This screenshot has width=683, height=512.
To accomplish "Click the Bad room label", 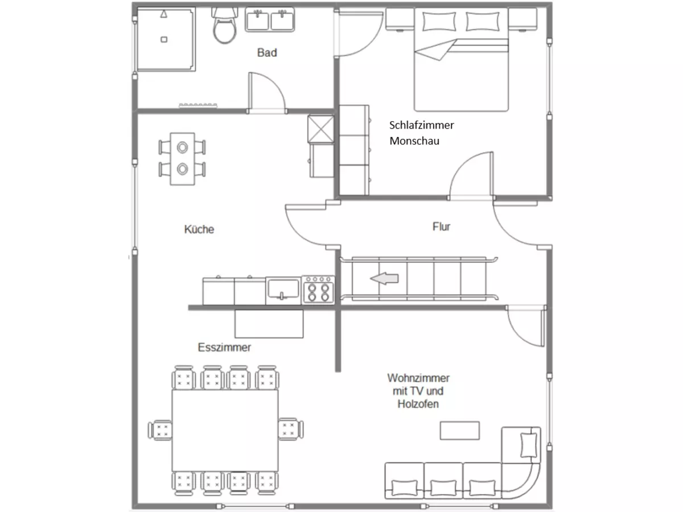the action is pyautogui.click(x=267, y=52).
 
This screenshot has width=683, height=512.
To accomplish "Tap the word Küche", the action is pyautogui.click(x=199, y=229).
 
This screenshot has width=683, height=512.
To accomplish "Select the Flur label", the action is pyautogui.click(x=441, y=226).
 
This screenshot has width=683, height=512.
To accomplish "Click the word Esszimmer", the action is pyautogui.click(x=224, y=347).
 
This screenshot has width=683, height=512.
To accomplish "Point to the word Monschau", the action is pyautogui.click(x=414, y=141).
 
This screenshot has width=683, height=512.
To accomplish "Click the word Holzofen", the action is pyautogui.click(x=418, y=404).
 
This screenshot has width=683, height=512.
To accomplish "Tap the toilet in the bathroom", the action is pyautogui.click(x=224, y=26).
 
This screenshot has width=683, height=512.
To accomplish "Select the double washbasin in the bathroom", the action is pyautogui.click(x=270, y=20).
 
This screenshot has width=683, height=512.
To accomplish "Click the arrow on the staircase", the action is pyautogui.click(x=384, y=278).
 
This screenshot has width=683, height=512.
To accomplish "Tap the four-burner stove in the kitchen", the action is pyautogui.click(x=318, y=290).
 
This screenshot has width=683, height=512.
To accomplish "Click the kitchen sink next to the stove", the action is pyautogui.click(x=283, y=290).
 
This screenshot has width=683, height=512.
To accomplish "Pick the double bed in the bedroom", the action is pyautogui.click(x=462, y=59).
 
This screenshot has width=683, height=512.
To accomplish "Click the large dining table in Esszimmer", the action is pyautogui.click(x=225, y=431).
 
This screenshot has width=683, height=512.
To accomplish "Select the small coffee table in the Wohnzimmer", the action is pyautogui.click(x=459, y=431).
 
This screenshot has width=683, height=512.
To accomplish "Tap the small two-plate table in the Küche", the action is pyautogui.click(x=182, y=159).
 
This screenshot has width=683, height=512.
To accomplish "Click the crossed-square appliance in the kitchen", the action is pyautogui.click(x=321, y=129).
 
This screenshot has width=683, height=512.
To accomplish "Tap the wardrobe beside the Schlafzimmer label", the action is pyautogui.click(x=354, y=150).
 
